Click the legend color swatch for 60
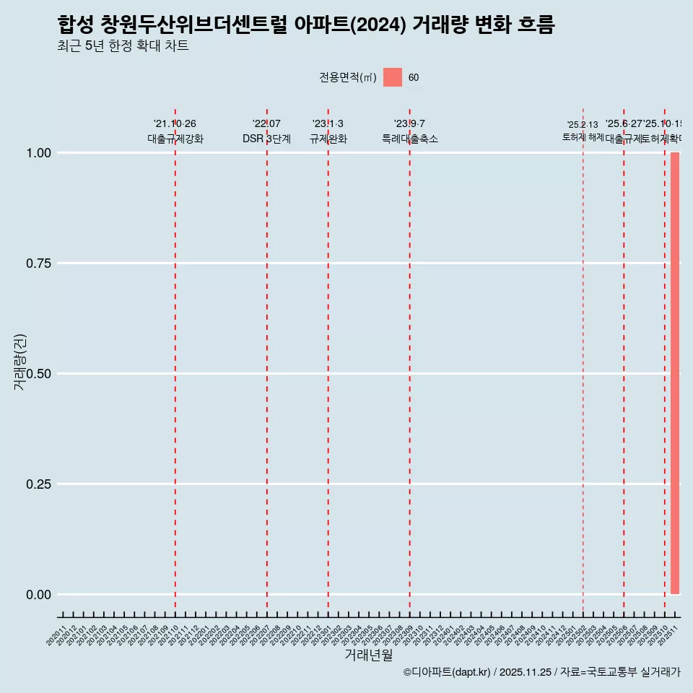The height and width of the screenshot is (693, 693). coord(393,77)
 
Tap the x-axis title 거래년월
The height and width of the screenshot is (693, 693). coord(368,655)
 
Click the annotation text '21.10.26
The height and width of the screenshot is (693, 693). coord(175,124)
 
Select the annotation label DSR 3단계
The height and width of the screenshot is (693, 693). coord(266,139)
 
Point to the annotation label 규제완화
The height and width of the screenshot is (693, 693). coord(328,139)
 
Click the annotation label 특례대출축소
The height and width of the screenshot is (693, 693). coord(410,139)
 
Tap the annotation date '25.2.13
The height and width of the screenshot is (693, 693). coord(583,125)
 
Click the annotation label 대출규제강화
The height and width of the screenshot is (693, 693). coord(175,139)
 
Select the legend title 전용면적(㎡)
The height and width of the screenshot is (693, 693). coord(348,78)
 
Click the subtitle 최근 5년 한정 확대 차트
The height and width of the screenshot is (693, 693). coord(123,46)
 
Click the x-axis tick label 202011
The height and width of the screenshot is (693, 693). coord(58,635)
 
